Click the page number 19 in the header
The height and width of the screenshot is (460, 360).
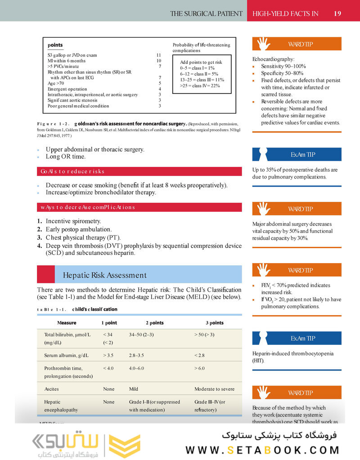click(x=337, y=13)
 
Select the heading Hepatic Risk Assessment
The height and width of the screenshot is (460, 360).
click(x=104, y=275)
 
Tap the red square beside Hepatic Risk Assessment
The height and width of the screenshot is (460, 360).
click(x=45, y=274)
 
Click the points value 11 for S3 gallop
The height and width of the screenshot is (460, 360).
click(x=158, y=55)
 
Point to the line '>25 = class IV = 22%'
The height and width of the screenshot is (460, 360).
click(x=200, y=85)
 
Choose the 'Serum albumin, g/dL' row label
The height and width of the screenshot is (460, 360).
click(x=67, y=355)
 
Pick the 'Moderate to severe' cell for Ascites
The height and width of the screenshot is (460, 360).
click(x=214, y=389)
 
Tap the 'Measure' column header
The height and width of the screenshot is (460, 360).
click(x=67, y=323)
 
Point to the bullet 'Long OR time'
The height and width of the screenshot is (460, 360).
click(x=66, y=156)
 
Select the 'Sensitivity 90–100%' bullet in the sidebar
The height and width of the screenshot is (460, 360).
click(x=283, y=66)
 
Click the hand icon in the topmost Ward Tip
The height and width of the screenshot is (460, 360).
click(x=264, y=44)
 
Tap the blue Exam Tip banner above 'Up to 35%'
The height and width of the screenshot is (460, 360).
click(x=297, y=154)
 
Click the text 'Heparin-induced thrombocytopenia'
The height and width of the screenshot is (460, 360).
click(x=292, y=353)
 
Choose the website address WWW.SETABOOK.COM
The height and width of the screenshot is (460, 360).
click(x=263, y=450)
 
